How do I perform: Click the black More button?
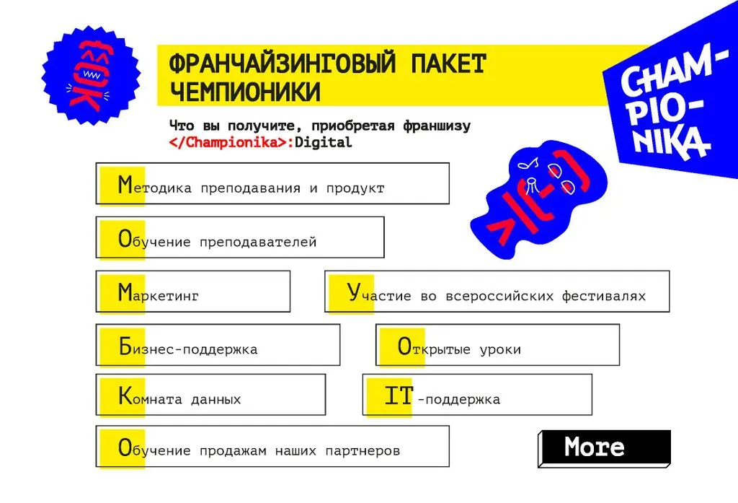(x=605, y=448)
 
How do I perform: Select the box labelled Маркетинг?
(x=193, y=292)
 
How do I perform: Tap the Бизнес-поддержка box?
(x=218, y=345)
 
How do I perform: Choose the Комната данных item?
(x=210, y=395)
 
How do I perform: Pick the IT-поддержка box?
(x=477, y=395)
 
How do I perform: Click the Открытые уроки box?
(x=497, y=345)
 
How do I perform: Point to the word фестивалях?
(x=603, y=296)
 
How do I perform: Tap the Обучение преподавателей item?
(x=240, y=237)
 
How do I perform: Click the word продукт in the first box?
(x=355, y=188)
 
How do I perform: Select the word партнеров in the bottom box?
(x=363, y=451)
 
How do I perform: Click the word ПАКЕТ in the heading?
(x=448, y=64)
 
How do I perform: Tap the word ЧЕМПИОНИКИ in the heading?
(x=245, y=92)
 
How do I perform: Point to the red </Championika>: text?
(x=231, y=142)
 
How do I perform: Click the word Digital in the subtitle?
(x=323, y=142)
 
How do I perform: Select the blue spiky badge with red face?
(x=91, y=76)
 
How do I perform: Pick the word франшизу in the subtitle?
(x=436, y=126)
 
